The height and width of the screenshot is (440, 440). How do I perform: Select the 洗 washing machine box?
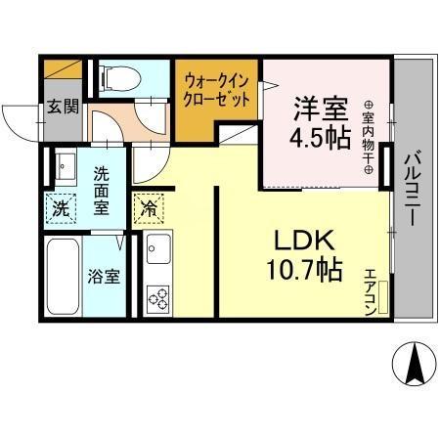[61, 207]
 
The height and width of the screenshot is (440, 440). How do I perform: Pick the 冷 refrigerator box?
[149, 207]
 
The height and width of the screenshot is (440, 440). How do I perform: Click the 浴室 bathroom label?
[106, 276]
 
